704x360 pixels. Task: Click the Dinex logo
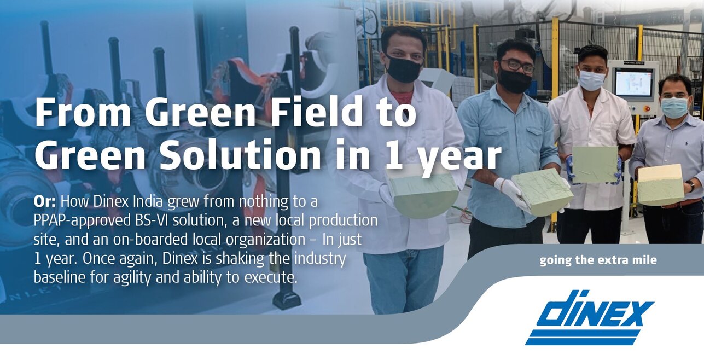(x=589, y=317)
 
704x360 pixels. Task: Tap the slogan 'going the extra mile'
(x=598, y=260)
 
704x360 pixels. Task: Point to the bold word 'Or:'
(x=45, y=201)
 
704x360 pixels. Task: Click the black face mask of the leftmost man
(x=404, y=68)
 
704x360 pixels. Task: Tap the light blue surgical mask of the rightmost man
(x=674, y=107)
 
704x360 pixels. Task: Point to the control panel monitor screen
(x=633, y=82)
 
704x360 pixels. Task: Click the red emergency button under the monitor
(x=647, y=109)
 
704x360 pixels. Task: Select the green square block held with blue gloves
(x=595, y=164)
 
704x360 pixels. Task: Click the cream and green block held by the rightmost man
(x=661, y=184)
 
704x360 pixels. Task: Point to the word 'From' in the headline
(x=83, y=112)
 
